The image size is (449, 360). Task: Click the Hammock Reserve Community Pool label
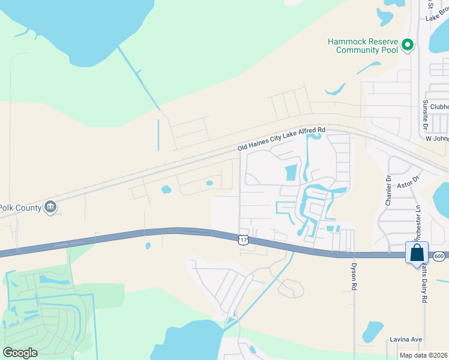click(363, 46)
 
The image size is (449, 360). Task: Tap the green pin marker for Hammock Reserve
click(408, 45)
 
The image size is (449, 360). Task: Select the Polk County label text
click(21, 208)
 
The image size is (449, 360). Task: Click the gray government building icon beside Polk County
click(50, 207)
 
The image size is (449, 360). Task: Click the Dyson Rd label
click(354, 275)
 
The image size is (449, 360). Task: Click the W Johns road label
click(436, 139)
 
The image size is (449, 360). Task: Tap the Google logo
click(20, 353)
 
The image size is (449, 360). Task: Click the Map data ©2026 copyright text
click(423, 355)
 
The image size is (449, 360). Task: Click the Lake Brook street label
click(437, 16)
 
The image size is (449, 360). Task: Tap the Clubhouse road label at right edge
click(439, 107)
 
